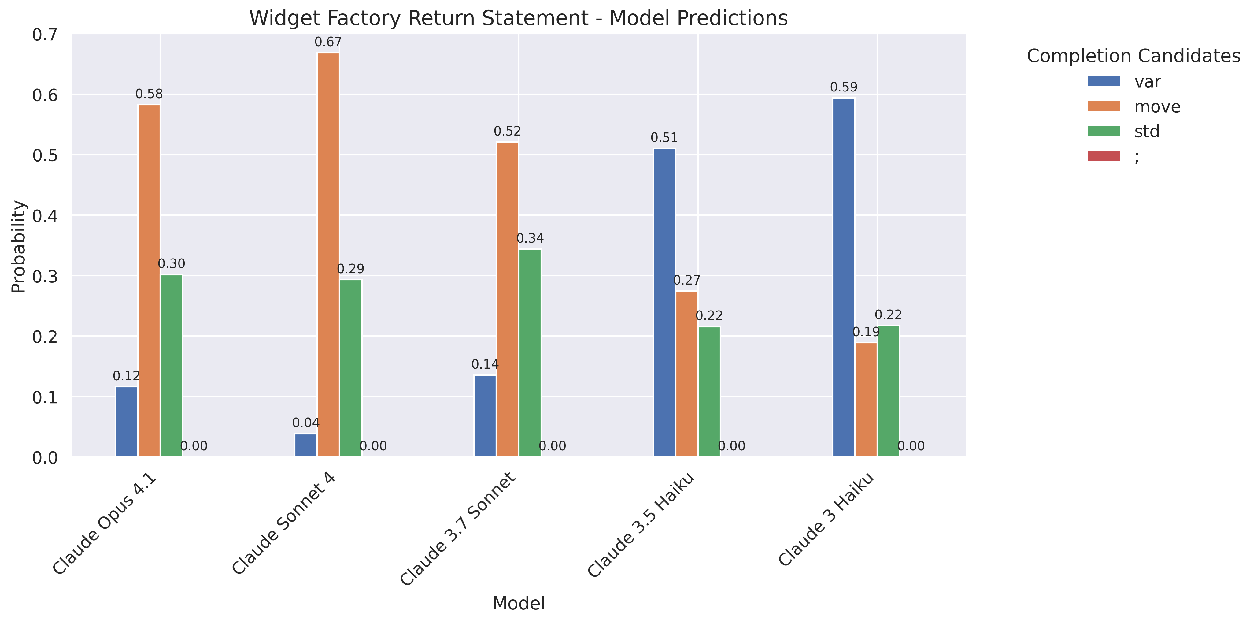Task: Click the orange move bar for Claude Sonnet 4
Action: [328, 254]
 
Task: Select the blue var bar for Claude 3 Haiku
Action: [844, 277]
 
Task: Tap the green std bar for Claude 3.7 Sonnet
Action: [530, 352]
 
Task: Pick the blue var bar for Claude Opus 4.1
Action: [126, 421]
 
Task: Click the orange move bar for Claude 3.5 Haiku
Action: [686, 374]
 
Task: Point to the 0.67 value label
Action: [328, 43]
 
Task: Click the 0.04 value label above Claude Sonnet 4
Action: [306, 423]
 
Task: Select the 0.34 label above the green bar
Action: [530, 238]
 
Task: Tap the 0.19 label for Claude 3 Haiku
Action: [866, 332]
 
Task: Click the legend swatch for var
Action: [1103, 81]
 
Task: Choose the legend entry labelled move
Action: [1157, 106]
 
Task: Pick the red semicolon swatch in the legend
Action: [1103, 156]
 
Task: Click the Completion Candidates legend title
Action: [1133, 56]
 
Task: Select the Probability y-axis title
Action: [19, 247]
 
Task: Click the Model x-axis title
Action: [519, 603]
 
